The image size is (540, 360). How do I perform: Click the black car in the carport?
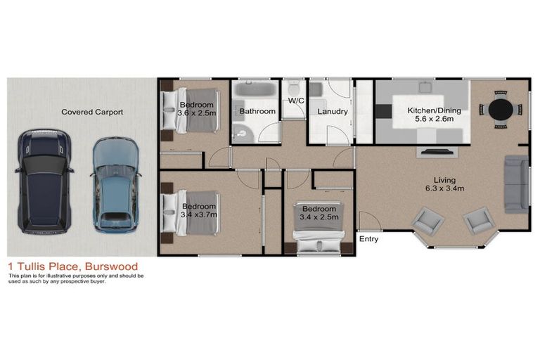pyautogui.click(x=44, y=181)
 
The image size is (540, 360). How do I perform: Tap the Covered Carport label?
pyautogui.click(x=92, y=112)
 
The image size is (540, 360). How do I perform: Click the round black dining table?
pyautogui.click(x=501, y=110)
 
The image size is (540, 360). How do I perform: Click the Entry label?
pyautogui.click(x=368, y=239)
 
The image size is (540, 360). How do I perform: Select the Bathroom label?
pyautogui.click(x=257, y=111)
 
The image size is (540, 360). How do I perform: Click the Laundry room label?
pyautogui.click(x=333, y=111)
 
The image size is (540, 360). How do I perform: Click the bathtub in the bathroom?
pyautogui.click(x=257, y=89)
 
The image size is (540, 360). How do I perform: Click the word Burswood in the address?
pyautogui.click(x=111, y=266)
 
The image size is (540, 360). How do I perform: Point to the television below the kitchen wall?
pyautogui.click(x=438, y=151)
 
